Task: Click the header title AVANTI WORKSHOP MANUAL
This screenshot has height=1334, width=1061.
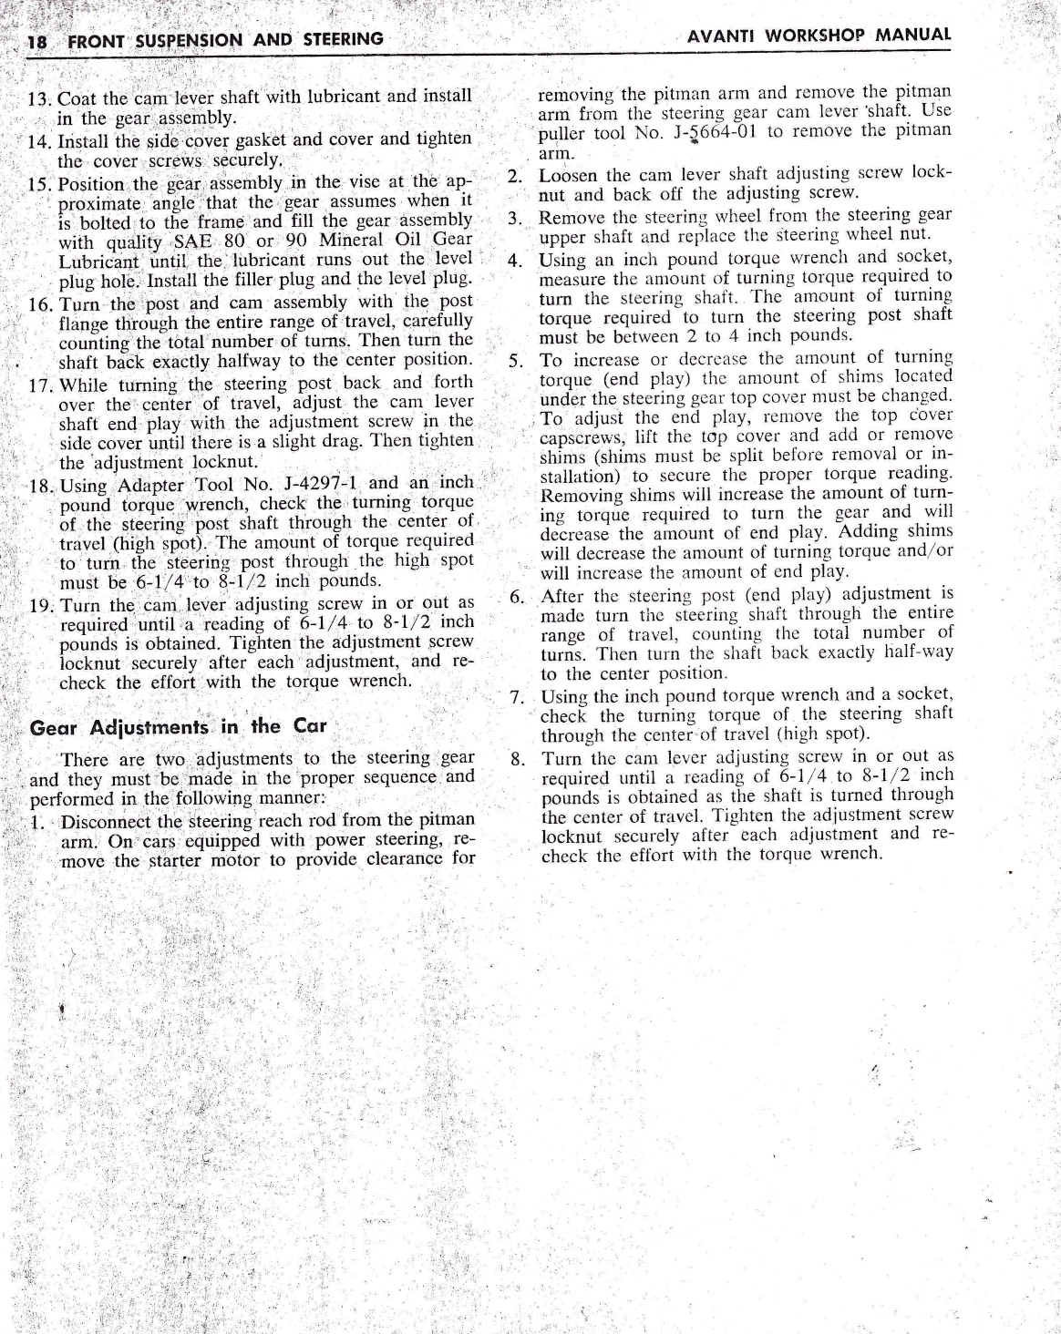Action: click(819, 36)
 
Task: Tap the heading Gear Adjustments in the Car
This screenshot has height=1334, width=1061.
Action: click(179, 728)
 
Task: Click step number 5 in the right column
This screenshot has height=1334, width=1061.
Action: click(515, 360)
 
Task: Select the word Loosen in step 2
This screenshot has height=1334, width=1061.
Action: click(568, 175)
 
